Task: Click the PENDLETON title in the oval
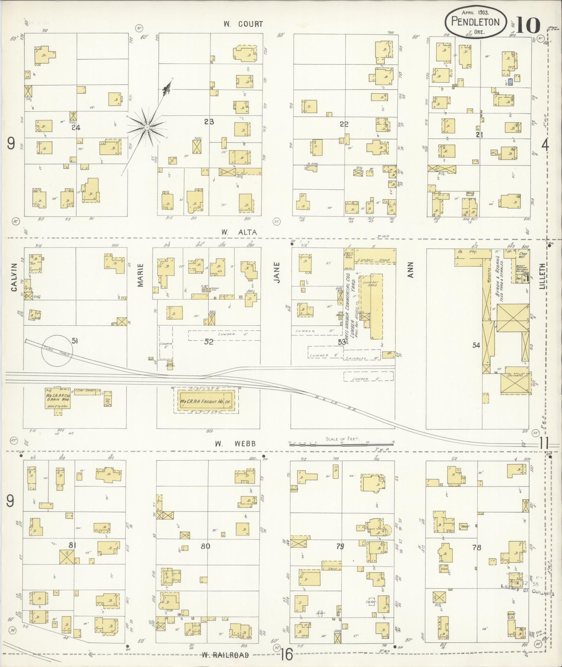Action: tap(475, 22)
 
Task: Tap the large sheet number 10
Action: tap(528, 24)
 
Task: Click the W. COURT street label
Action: tap(243, 24)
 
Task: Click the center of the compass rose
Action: tap(147, 128)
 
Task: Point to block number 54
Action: tap(476, 345)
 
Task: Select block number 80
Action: tap(206, 546)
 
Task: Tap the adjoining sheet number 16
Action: tap(286, 654)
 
